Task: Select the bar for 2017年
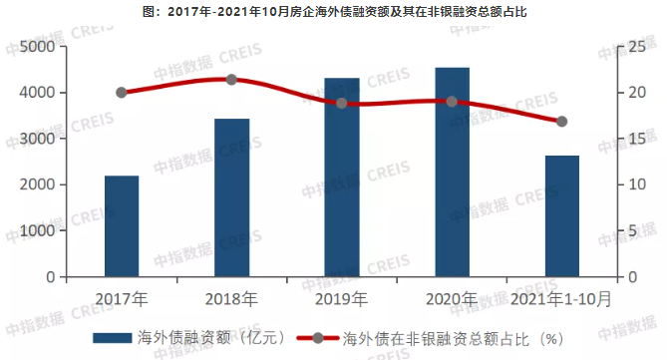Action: [122, 226]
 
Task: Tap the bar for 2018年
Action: [231, 197]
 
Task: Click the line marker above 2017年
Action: [122, 93]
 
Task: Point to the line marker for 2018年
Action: [231, 80]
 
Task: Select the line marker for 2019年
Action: [342, 103]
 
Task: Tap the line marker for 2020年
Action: [452, 102]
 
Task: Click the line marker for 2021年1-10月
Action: [561, 122]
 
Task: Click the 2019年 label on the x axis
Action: [342, 297]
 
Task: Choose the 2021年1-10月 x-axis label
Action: [561, 297]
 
